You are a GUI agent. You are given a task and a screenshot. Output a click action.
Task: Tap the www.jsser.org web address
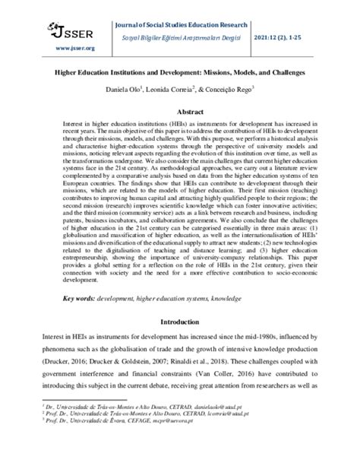click(54, 48)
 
